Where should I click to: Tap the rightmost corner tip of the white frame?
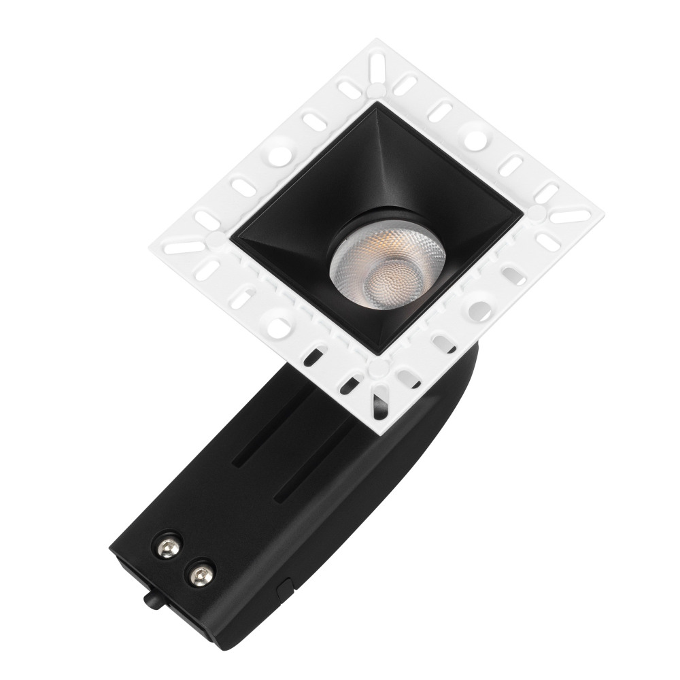pyautogui.click(x=603, y=220)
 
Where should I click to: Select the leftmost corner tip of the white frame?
pyautogui.click(x=150, y=241)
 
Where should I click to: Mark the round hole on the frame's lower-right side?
pyautogui.click(x=481, y=310)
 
